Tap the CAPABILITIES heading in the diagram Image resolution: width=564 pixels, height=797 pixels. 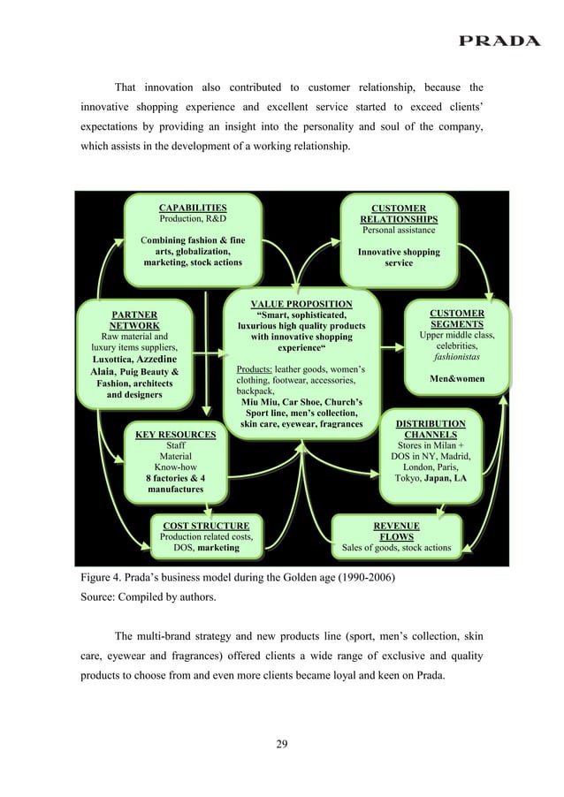click(192, 209)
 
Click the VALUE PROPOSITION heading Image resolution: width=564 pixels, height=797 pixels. click(301, 305)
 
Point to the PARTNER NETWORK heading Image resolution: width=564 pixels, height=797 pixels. click(134, 319)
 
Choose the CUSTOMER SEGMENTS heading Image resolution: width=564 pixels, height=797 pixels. click(456, 319)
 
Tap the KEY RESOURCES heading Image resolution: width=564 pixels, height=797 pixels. click(175, 435)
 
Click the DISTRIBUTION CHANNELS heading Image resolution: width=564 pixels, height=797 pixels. click(431, 429)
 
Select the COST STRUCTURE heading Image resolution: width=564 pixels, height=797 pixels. click(206, 526)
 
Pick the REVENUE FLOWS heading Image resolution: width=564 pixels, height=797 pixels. click(396, 531)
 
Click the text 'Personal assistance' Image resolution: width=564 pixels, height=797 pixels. click(398, 231)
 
